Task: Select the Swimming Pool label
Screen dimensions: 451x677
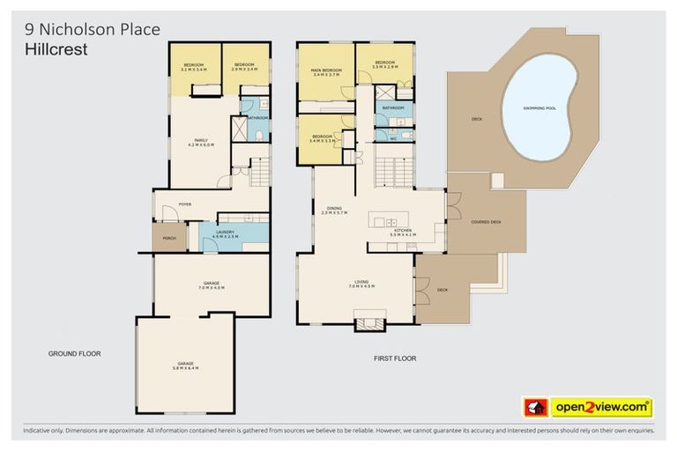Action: coord(539,107)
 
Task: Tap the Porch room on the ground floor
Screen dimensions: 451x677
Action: coord(168,237)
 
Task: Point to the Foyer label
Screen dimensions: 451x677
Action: coord(185,204)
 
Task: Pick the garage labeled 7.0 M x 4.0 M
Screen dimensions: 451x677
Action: coord(211,285)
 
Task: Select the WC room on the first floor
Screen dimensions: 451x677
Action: coord(393,137)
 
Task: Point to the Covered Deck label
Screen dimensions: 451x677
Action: coord(486,222)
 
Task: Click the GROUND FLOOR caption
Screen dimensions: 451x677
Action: coord(74,353)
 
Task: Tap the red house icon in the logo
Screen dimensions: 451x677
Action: coord(535,408)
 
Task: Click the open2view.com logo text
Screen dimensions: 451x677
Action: coord(601,408)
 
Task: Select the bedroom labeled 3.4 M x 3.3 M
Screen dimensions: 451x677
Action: coord(324,139)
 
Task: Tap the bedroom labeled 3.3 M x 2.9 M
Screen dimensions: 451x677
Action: coord(385,66)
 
